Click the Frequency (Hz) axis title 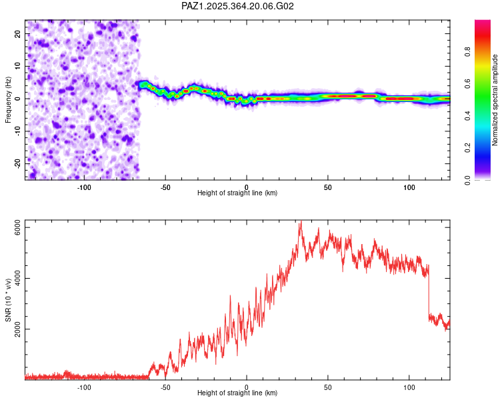pyautogui.click(x=8, y=99)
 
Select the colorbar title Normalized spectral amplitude pyautogui.click(x=495, y=100)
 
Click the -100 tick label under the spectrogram pyautogui.click(x=84, y=187)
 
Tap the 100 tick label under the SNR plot pyautogui.click(x=409, y=387)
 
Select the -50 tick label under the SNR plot pyautogui.click(x=165, y=387)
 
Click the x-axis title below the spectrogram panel pyautogui.click(x=237, y=193)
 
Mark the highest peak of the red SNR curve pyautogui.click(x=301, y=223)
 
